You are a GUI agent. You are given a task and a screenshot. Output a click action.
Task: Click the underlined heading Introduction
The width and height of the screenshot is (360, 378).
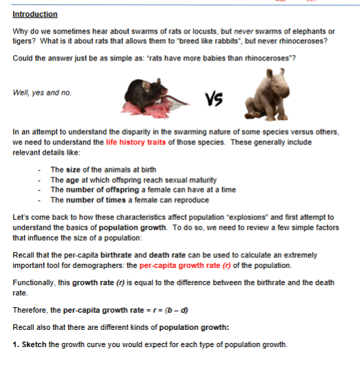[x=35, y=14]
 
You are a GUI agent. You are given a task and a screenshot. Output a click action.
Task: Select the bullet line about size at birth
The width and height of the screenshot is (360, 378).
[x=103, y=170]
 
